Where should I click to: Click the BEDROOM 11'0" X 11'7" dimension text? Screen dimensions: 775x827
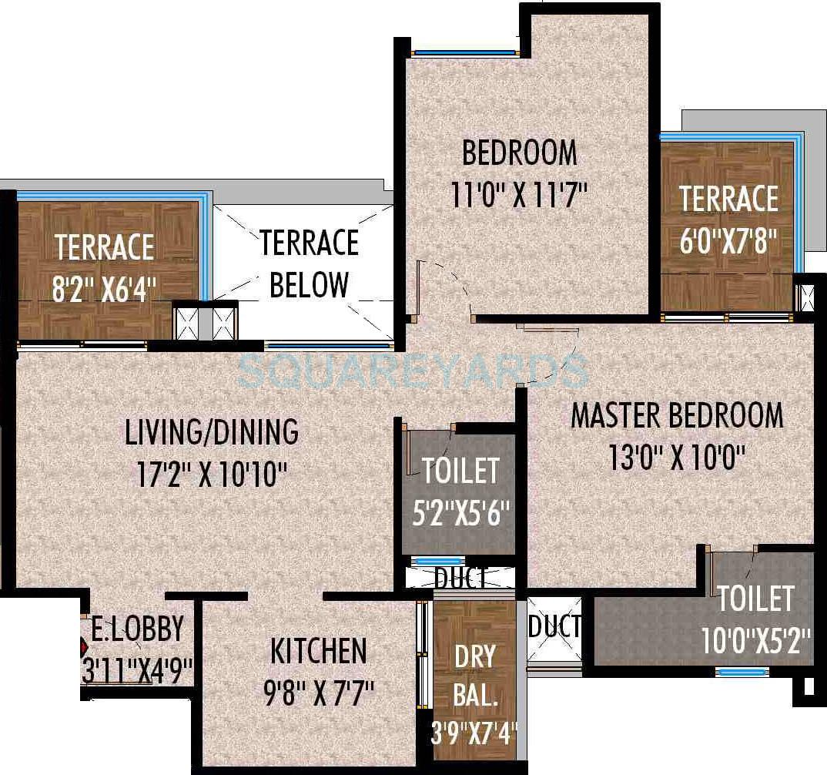point(520,193)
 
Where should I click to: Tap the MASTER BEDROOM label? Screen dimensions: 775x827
point(677,415)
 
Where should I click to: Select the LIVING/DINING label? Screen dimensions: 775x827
point(212,431)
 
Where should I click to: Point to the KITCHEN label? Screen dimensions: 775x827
point(318,651)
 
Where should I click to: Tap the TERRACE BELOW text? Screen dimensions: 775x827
point(309,264)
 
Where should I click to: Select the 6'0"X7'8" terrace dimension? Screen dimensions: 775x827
point(728,242)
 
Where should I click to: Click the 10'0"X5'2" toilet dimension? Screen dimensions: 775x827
point(756,640)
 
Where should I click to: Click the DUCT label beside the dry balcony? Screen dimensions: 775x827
point(554,627)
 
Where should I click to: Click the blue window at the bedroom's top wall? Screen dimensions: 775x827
point(465,53)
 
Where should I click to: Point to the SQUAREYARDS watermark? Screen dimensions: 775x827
point(412,371)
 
